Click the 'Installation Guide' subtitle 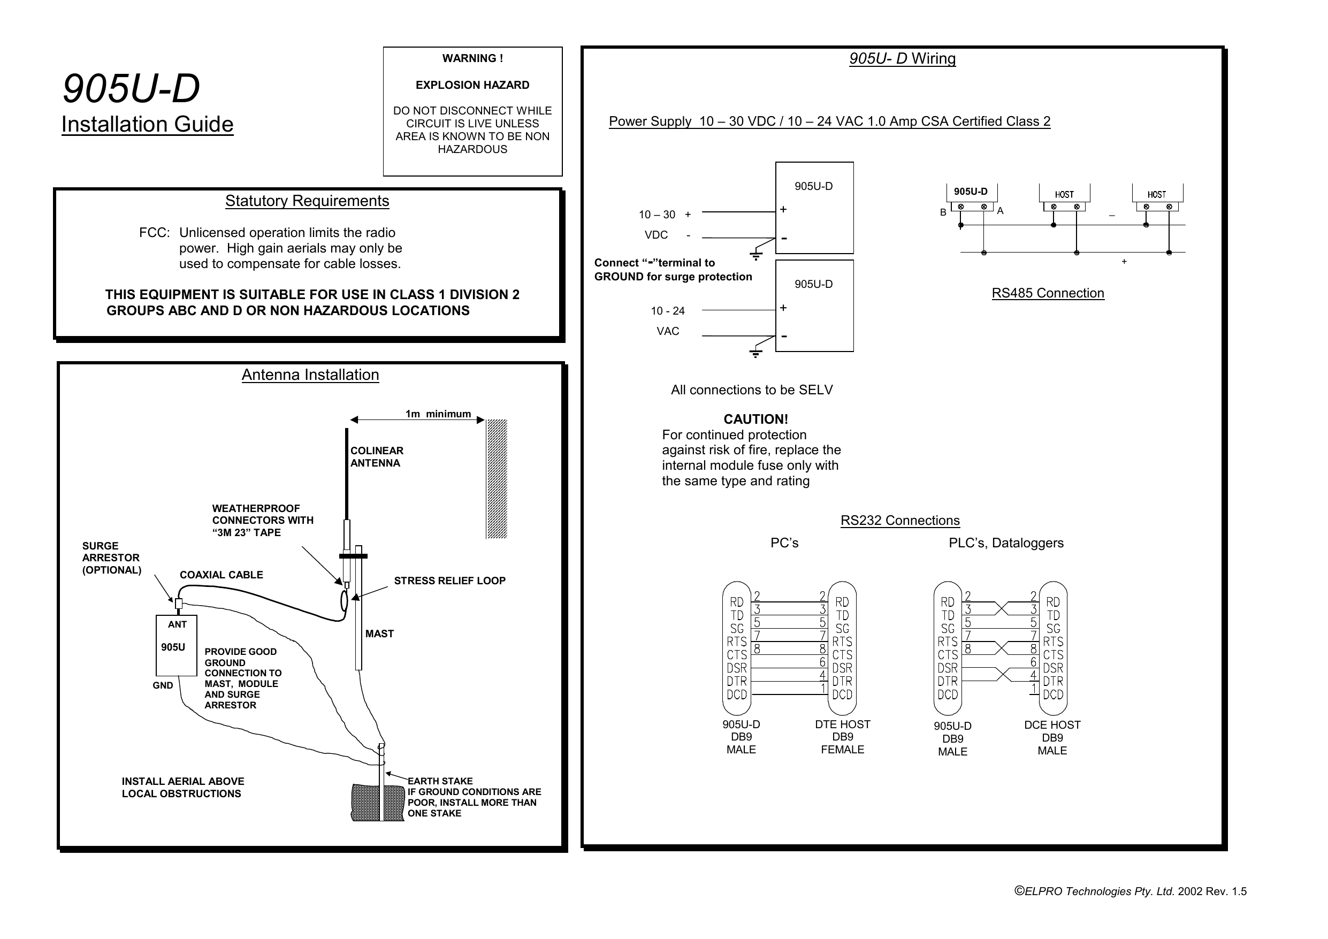(x=147, y=124)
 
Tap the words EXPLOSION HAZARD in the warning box (x=472, y=85)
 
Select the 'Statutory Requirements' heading (x=307, y=201)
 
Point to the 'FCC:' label (x=154, y=233)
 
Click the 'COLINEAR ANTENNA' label (x=377, y=456)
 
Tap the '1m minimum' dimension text (x=438, y=414)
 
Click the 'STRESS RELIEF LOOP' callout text (x=449, y=581)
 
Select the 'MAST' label (x=379, y=633)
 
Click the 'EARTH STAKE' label (x=440, y=781)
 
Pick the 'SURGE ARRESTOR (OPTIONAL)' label (x=111, y=558)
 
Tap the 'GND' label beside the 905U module (x=163, y=685)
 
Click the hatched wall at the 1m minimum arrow (x=497, y=478)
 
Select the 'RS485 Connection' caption (x=1048, y=293)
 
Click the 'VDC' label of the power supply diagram (x=656, y=235)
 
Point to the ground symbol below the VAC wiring (x=755, y=353)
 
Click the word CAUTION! (x=755, y=419)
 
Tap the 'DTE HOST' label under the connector (x=842, y=724)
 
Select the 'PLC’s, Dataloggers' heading (x=1006, y=543)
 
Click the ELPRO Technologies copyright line (x=1130, y=891)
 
